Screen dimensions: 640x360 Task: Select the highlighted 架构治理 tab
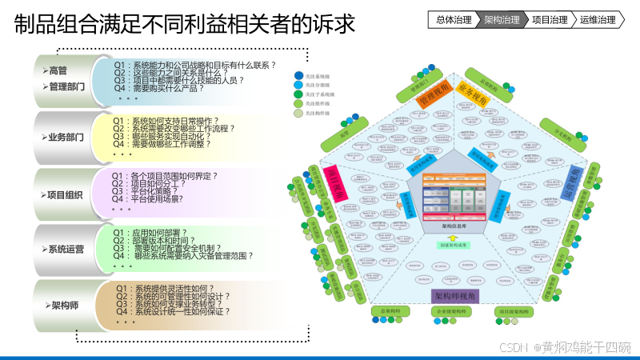[502, 19]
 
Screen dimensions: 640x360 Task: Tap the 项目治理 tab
[550, 19]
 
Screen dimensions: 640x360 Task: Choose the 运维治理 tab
[598, 19]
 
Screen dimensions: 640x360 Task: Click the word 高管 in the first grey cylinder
[58, 71]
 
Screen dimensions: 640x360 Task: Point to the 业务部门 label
[66, 137]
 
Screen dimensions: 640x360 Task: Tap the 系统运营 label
[66, 249]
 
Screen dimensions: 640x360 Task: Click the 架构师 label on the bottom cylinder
[65, 305]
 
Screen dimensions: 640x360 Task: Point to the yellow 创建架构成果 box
[454, 245]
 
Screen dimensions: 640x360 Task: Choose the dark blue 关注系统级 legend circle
[298, 76]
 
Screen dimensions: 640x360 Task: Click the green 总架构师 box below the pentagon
[390, 310]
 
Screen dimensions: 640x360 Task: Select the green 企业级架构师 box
[454, 310]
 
